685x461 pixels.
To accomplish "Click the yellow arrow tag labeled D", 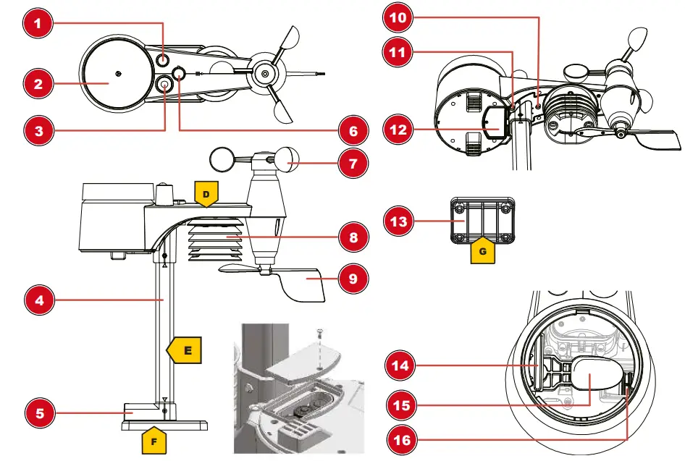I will point(206,194).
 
